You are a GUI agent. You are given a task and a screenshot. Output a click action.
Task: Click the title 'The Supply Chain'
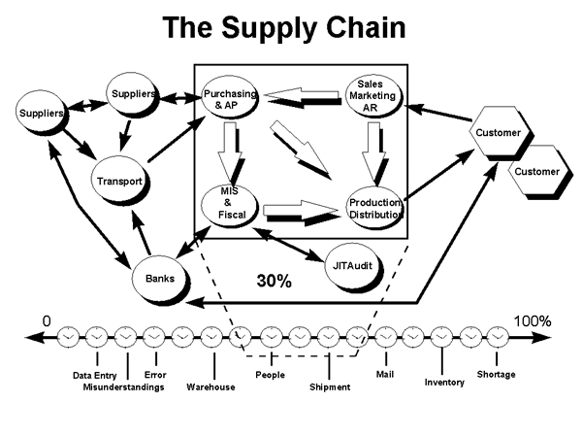point(284,28)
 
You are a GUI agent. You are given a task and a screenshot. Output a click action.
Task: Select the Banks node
point(160,278)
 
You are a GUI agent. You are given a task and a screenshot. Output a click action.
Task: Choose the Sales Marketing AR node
point(371,97)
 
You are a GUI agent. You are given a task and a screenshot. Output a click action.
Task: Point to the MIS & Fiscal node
point(229,205)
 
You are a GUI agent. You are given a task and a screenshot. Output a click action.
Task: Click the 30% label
point(275,282)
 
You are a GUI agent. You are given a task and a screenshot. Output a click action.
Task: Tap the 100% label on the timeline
point(532,321)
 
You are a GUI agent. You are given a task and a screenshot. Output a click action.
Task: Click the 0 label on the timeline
point(46,321)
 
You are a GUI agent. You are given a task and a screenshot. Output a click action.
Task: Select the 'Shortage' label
point(496,374)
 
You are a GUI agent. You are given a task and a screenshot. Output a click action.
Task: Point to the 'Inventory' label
point(444,382)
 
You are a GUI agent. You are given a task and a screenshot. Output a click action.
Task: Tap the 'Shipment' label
point(330,387)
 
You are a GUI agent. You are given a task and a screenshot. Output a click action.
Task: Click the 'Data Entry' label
point(97,375)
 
